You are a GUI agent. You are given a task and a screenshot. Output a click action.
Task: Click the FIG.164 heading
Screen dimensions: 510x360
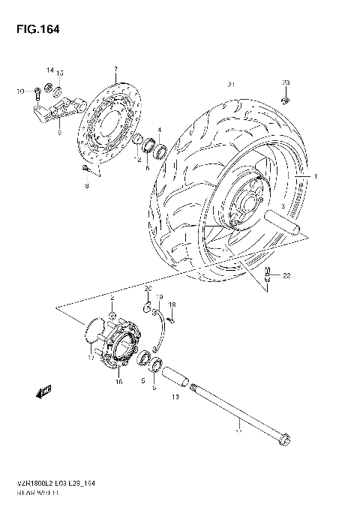pyautogui.click(x=34, y=29)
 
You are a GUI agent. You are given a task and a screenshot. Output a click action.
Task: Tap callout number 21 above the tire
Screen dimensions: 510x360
pyautogui.click(x=232, y=83)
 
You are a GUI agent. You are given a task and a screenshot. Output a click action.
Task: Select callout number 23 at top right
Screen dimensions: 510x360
pyautogui.click(x=285, y=82)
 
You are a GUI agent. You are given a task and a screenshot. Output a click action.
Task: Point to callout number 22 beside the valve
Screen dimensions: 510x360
pyautogui.click(x=286, y=277)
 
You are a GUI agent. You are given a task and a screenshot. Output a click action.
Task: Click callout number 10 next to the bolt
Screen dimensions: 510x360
pyautogui.click(x=21, y=91)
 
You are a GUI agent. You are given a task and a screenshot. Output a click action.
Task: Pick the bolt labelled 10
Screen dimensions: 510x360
pyautogui.click(x=35, y=94)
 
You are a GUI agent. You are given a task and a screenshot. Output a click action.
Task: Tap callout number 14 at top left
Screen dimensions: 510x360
pyautogui.click(x=50, y=69)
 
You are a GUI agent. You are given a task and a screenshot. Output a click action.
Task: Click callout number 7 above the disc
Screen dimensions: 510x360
pyautogui.click(x=115, y=70)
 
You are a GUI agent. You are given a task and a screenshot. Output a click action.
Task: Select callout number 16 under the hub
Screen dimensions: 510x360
pyautogui.click(x=118, y=382)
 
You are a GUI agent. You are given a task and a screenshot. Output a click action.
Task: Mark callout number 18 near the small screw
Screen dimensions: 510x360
pyautogui.click(x=172, y=304)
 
